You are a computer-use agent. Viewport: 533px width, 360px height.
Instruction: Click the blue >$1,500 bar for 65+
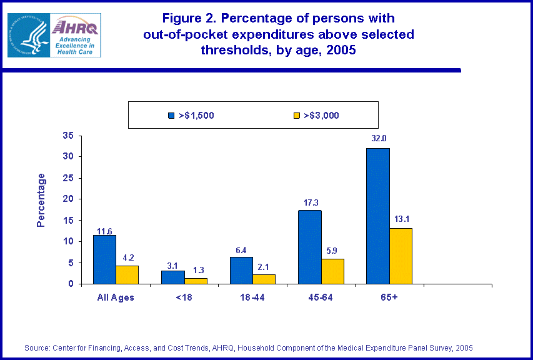pyautogui.click(x=378, y=216)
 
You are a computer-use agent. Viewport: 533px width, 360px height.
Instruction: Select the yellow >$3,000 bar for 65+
pyautogui.click(x=401, y=256)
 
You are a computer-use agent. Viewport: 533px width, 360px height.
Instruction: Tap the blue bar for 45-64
pyautogui.click(x=309, y=247)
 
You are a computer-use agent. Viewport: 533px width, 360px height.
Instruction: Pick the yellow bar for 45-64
pyautogui.click(x=332, y=271)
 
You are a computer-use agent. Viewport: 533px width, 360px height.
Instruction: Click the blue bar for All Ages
pyautogui.click(x=104, y=259)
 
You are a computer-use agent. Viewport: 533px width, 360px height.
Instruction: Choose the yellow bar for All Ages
pyautogui.click(x=127, y=274)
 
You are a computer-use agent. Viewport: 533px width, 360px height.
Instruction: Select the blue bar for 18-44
pyautogui.click(x=241, y=270)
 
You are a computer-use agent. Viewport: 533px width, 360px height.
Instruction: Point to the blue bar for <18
pyautogui.click(x=173, y=277)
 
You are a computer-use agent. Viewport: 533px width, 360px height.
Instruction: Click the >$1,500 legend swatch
pyautogui.click(x=171, y=115)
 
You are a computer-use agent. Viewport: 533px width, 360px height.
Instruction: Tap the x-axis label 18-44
pyautogui.click(x=252, y=297)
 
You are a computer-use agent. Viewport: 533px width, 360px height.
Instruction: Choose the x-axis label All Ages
pyautogui.click(x=116, y=297)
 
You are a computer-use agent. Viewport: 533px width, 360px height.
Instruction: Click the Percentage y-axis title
pyautogui.click(x=41, y=200)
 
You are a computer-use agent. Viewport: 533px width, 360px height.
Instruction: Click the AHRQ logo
pyautogui.click(x=54, y=36)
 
